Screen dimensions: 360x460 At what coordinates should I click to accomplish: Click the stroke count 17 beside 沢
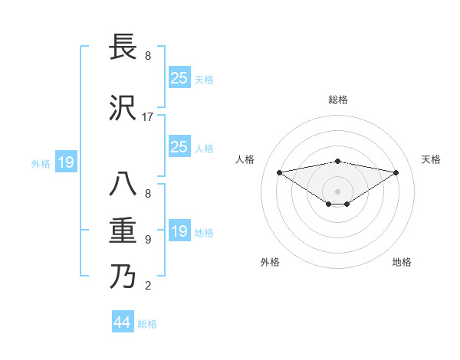click(148, 117)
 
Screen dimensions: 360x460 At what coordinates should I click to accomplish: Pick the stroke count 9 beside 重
click(148, 240)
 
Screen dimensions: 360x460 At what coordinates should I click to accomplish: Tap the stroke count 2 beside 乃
click(148, 286)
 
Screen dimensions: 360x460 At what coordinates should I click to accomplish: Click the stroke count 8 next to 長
click(148, 56)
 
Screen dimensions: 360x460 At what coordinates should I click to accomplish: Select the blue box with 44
click(123, 322)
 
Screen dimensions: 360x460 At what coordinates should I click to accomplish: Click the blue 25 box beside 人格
click(179, 147)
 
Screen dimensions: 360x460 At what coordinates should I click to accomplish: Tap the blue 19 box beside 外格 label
click(65, 162)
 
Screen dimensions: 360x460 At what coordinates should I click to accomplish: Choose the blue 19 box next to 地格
click(179, 231)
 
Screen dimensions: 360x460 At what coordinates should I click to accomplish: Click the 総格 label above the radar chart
click(338, 100)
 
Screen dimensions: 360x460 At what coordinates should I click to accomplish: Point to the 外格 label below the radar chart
click(270, 262)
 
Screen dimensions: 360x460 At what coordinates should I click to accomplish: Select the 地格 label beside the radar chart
click(402, 262)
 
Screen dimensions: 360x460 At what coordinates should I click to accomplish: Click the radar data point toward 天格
click(396, 172)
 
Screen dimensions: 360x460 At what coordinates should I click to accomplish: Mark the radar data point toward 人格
click(280, 172)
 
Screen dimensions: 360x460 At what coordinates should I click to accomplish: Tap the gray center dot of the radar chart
click(337, 191)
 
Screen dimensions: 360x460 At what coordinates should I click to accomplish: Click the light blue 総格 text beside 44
click(147, 324)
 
